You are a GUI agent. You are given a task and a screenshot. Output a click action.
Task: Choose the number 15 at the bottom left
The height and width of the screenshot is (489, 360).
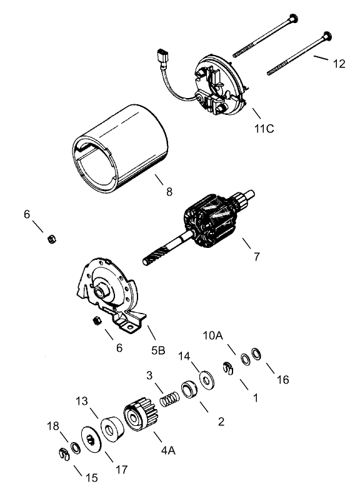[x=92, y=478]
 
